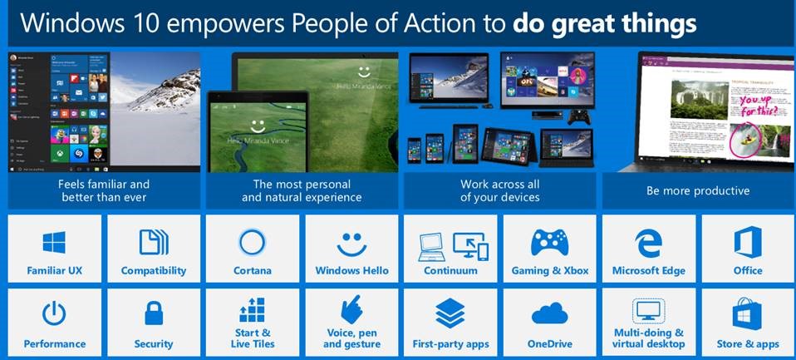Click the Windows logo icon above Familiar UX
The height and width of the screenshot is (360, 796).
click(x=55, y=243)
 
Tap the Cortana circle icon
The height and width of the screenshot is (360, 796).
click(x=252, y=243)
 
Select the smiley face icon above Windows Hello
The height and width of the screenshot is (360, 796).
click(x=351, y=243)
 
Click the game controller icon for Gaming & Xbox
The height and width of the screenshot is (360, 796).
click(x=550, y=243)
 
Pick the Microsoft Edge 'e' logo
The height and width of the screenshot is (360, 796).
click(x=648, y=243)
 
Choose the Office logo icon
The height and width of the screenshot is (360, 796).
click(x=747, y=243)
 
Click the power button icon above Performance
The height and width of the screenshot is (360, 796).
click(x=55, y=314)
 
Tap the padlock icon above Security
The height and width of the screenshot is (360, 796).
click(x=154, y=314)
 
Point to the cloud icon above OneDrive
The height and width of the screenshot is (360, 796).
click(x=550, y=314)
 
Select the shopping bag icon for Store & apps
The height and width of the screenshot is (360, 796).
click(x=747, y=314)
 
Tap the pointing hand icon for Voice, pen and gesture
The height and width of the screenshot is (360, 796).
click(x=351, y=311)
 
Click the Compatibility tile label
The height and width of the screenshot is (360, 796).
click(x=154, y=270)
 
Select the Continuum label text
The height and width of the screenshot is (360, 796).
click(x=450, y=270)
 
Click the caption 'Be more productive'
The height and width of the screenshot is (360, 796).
click(x=698, y=190)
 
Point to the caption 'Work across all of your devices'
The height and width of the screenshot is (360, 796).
click(x=499, y=190)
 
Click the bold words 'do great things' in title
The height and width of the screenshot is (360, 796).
click(x=604, y=22)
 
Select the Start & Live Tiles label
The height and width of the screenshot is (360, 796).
click(x=252, y=338)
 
